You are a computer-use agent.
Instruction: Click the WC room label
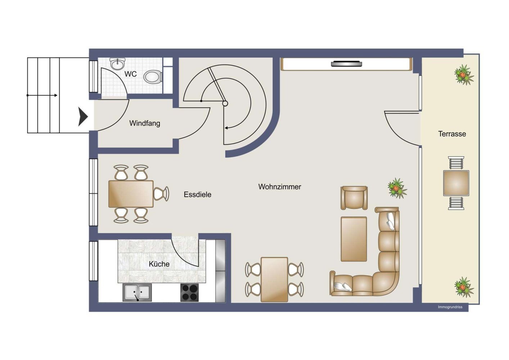(x=130, y=74)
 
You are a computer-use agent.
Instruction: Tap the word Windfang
(x=145, y=123)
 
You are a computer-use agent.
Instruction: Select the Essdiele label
(x=197, y=195)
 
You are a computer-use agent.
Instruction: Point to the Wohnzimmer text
(x=280, y=187)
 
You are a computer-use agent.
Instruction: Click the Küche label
(x=159, y=264)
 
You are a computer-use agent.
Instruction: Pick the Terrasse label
(x=452, y=134)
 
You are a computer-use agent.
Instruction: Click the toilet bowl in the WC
(x=153, y=77)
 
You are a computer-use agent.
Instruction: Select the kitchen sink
(x=137, y=292)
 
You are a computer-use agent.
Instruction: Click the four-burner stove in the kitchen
(x=189, y=292)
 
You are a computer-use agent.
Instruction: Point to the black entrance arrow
(x=83, y=117)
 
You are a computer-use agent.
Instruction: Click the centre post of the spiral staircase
(x=225, y=104)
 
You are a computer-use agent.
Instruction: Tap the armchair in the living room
(x=354, y=198)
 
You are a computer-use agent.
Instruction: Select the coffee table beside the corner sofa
(x=354, y=239)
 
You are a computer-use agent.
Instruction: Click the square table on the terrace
(x=456, y=183)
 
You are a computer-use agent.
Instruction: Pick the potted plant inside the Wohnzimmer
(x=397, y=188)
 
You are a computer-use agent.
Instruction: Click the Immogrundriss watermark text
(x=450, y=307)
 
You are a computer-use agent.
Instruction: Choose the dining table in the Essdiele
(x=131, y=194)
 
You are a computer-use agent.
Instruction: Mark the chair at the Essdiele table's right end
(x=161, y=194)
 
